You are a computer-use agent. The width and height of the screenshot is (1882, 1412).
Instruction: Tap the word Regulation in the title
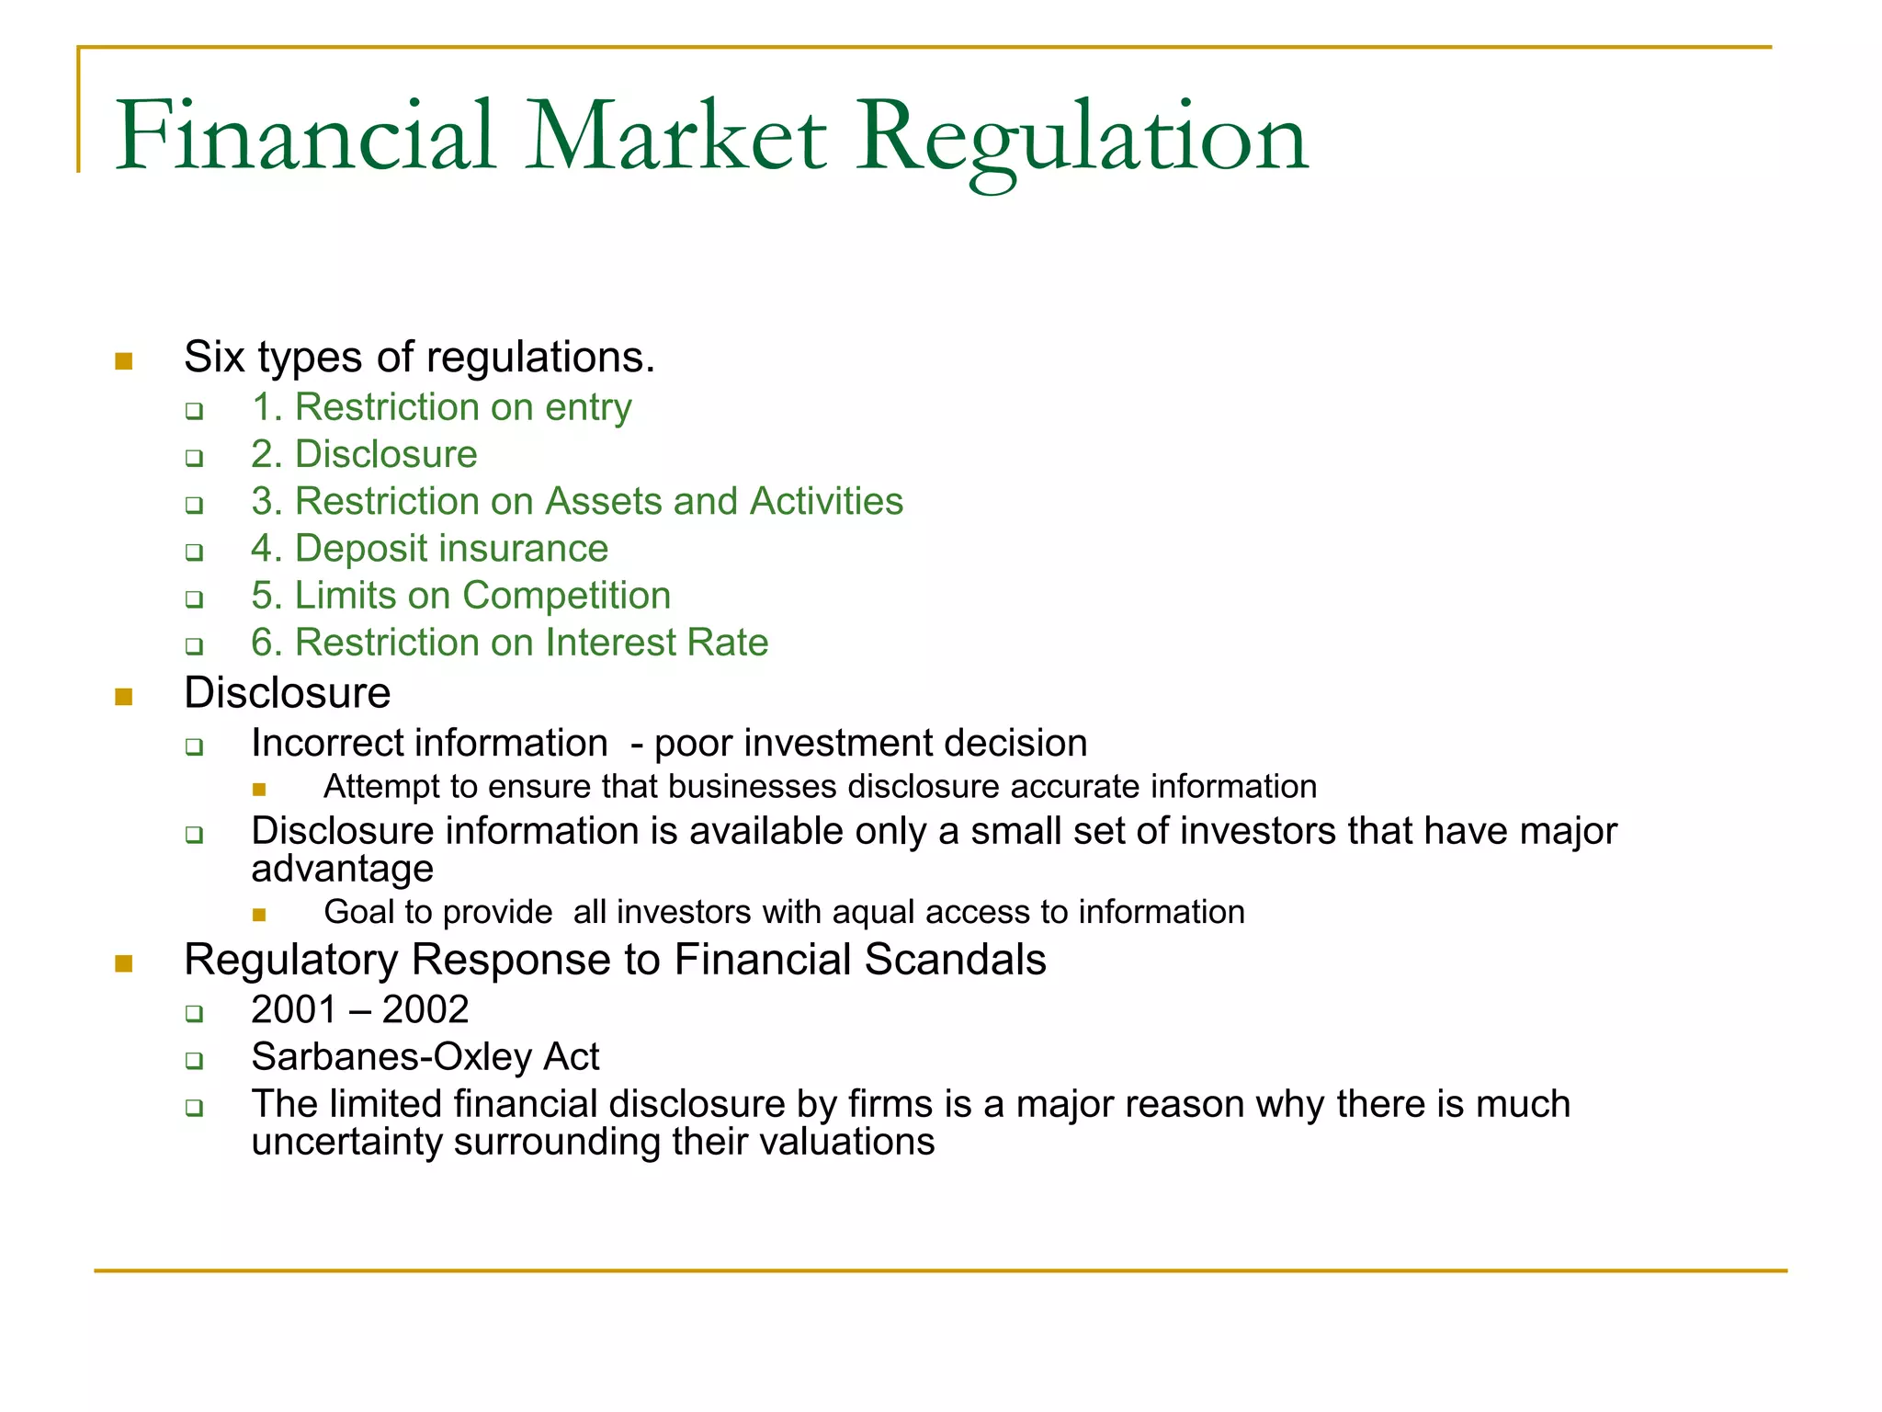[1082, 138]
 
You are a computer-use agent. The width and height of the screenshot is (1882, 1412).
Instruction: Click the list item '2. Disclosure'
[364, 455]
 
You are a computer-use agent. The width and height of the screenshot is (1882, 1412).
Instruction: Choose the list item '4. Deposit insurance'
[429, 549]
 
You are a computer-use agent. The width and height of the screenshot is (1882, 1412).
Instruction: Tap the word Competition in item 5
[566, 596]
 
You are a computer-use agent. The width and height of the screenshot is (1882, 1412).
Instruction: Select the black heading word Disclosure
[287, 693]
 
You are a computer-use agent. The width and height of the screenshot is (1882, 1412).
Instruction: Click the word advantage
[342, 870]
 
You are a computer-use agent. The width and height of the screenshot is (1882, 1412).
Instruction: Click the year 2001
[293, 1010]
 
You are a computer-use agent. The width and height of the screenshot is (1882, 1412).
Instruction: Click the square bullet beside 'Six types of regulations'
[124, 361]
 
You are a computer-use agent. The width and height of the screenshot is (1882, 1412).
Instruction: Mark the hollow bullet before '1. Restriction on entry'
[194, 410]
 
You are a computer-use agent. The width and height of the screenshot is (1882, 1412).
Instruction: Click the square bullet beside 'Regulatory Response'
[124, 963]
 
